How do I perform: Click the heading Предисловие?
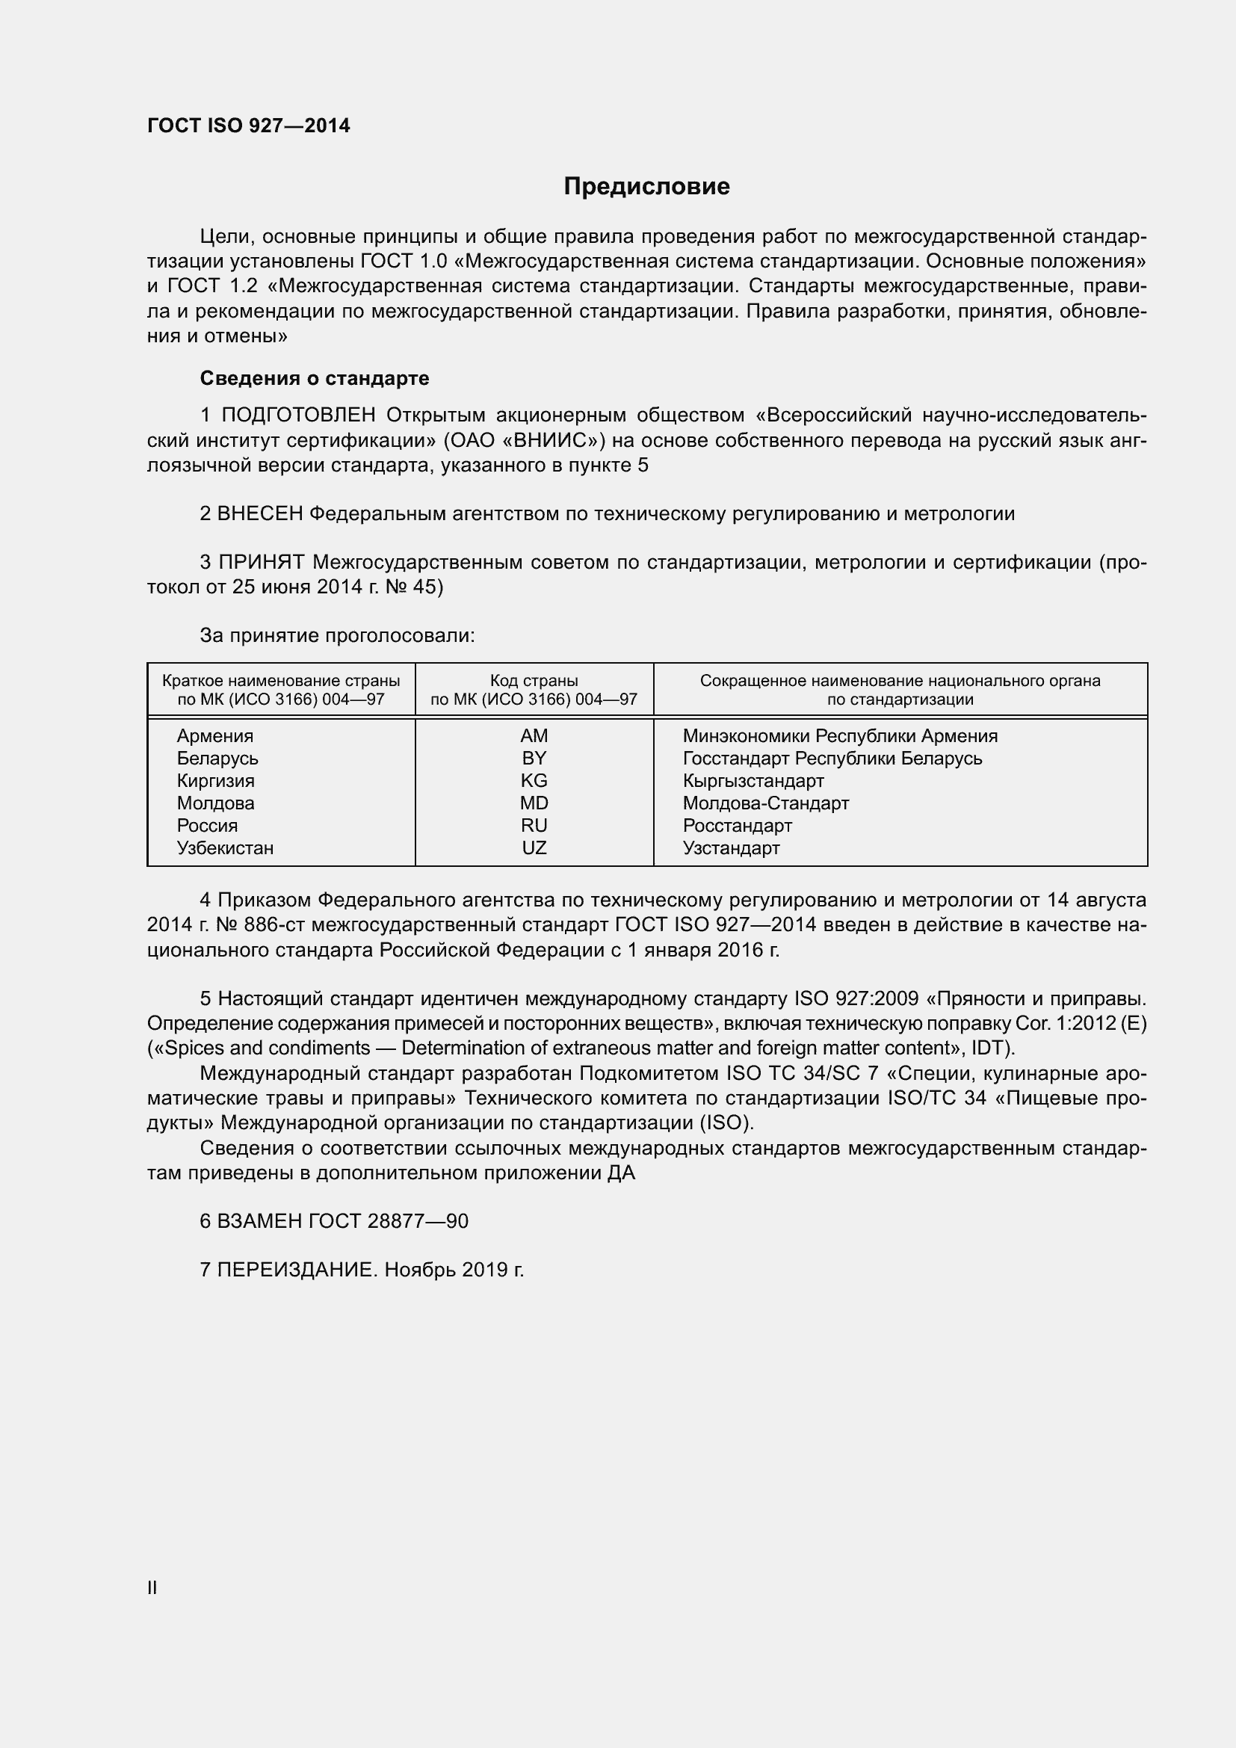click(646, 187)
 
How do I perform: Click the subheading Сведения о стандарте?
click(315, 378)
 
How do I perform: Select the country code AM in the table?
click(534, 736)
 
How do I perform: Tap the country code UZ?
click(534, 848)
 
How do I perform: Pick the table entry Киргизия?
click(215, 781)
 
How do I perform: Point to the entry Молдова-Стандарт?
click(765, 803)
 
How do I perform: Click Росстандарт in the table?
click(737, 826)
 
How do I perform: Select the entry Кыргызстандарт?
click(753, 781)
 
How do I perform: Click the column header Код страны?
click(534, 681)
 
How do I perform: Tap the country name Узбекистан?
click(224, 848)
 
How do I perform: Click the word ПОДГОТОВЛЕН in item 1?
click(298, 415)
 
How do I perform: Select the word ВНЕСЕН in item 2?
click(260, 514)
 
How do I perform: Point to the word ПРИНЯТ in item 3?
click(261, 563)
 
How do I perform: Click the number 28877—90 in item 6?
click(417, 1221)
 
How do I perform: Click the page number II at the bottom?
click(152, 1587)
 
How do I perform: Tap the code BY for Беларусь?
click(534, 759)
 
